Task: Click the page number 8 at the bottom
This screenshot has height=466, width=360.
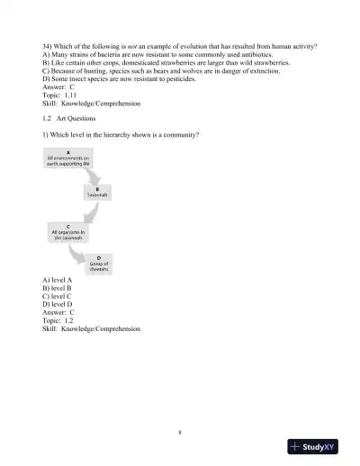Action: pos(180,432)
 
